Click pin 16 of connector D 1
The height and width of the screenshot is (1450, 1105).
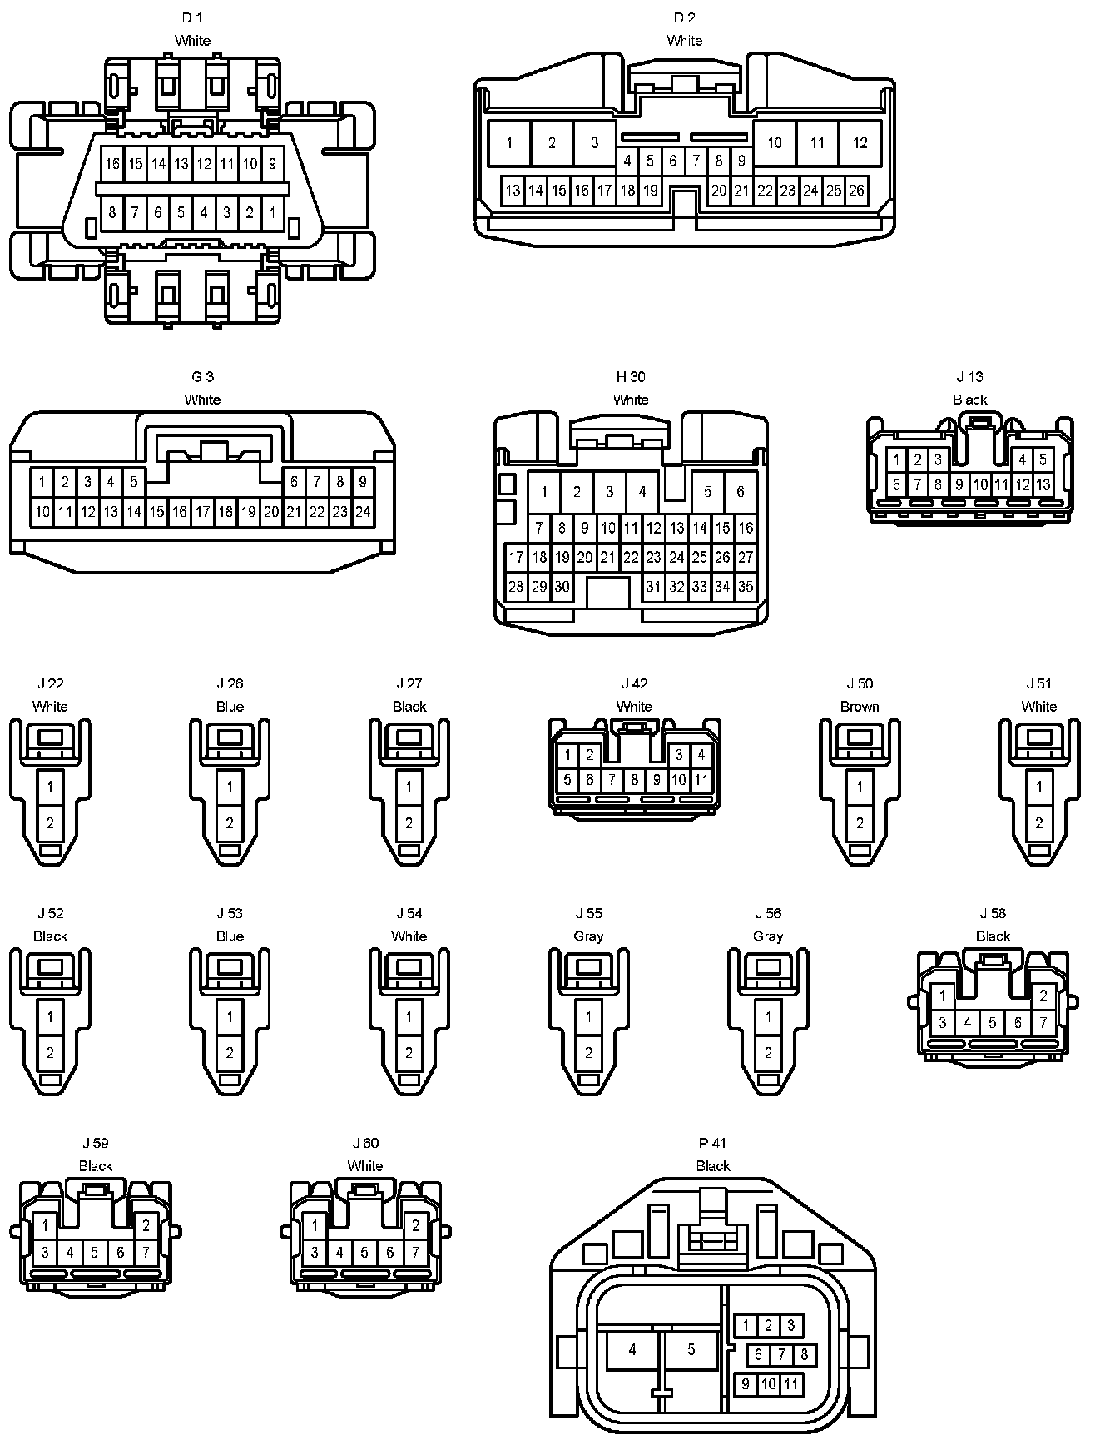click(x=112, y=164)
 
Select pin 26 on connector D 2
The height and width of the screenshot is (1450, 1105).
click(x=856, y=191)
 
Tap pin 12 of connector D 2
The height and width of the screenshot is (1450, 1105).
click(x=860, y=142)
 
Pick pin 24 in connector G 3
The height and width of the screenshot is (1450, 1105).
click(x=363, y=512)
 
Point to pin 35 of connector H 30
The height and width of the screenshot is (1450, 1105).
click(x=746, y=587)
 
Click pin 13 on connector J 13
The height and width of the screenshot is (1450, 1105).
click(x=1043, y=484)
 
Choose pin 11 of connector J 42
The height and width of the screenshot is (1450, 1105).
click(x=701, y=780)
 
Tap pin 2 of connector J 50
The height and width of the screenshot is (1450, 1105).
click(x=860, y=823)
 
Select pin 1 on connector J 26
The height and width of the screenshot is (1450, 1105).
click(x=230, y=787)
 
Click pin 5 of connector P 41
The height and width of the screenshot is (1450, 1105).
click(x=691, y=1350)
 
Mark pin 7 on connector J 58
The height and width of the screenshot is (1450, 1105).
click(x=1043, y=1023)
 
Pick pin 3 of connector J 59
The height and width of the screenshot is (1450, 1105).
click(x=45, y=1252)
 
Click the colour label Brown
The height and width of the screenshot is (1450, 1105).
click(x=860, y=707)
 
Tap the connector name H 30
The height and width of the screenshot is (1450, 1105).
click(x=631, y=377)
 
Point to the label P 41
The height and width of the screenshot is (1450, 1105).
click(x=713, y=1143)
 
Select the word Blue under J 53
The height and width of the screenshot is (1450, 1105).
click(x=230, y=936)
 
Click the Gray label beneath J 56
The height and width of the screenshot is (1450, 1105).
click(x=768, y=936)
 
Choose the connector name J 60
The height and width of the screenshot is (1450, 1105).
click(x=364, y=1143)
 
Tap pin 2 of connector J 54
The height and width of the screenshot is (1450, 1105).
click(x=409, y=1053)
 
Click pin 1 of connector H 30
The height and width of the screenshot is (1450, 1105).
click(x=544, y=492)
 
